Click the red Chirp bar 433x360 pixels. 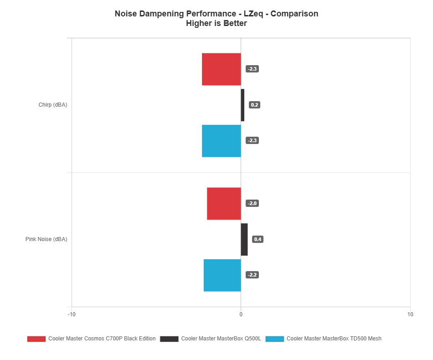coord(222,69)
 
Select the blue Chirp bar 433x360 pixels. coord(222,141)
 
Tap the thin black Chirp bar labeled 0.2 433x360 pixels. coord(242,105)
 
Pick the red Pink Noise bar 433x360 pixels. coord(224,204)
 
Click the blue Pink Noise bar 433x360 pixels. coord(222,275)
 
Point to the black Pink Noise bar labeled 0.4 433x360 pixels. coord(244,239)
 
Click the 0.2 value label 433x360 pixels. coord(254,105)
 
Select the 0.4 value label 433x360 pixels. coord(258,239)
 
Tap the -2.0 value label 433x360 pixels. coord(252,204)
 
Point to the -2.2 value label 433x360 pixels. coord(252,275)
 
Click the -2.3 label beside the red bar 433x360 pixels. coord(252,69)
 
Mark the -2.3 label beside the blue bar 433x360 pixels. coord(252,141)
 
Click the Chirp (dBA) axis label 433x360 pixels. coord(53,105)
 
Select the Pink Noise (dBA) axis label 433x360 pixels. coord(46,239)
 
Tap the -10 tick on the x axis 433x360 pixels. coord(71,314)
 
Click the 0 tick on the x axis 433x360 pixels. coord(241,314)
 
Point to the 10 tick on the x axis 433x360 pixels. coord(410,314)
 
